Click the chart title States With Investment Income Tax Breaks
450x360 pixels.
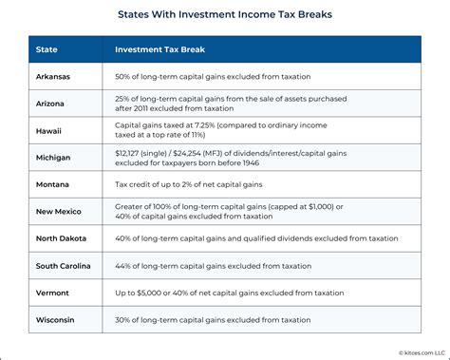224,16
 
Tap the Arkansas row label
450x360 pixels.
55,76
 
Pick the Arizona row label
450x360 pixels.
52,104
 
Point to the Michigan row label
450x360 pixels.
54,158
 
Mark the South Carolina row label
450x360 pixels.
66,266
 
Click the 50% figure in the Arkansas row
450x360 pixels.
123,76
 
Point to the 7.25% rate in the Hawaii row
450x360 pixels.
214,124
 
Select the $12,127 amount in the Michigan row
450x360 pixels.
131,152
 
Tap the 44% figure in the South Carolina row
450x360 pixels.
123,266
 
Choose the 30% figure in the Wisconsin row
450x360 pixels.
123,319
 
